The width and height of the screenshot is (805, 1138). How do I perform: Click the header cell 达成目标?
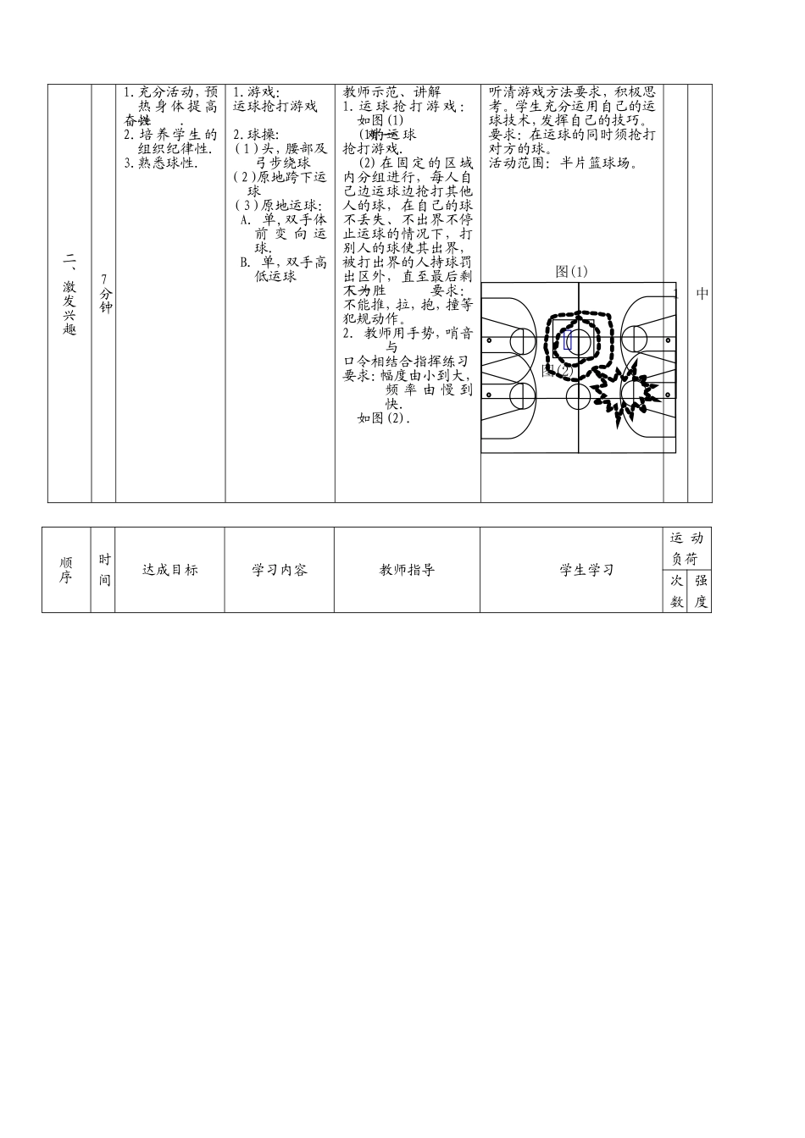click(169, 570)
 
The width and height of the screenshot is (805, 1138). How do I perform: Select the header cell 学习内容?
click(280, 570)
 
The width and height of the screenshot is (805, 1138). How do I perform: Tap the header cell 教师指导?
click(407, 570)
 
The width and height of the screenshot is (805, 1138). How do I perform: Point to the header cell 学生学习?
click(586, 570)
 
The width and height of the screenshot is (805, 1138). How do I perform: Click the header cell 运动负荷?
click(686, 548)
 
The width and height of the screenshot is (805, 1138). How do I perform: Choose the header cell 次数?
click(676, 591)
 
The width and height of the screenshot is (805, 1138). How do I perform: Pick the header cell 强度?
click(700, 591)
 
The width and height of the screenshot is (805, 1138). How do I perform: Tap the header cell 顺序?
click(66, 570)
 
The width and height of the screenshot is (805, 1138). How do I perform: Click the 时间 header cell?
click(104, 570)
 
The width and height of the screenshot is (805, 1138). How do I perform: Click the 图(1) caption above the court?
click(571, 271)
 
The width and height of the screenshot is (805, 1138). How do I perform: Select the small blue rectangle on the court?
click(568, 341)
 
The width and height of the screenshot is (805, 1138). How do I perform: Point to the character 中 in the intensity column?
click(702, 294)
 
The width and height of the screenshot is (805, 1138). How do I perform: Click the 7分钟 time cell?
click(104, 294)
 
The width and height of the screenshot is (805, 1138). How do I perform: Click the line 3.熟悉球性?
click(162, 163)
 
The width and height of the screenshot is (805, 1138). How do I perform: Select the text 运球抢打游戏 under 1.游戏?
click(275, 107)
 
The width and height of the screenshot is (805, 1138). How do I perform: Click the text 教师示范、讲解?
click(392, 92)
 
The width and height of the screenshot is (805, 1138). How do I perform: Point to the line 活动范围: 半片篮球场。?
click(563, 163)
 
